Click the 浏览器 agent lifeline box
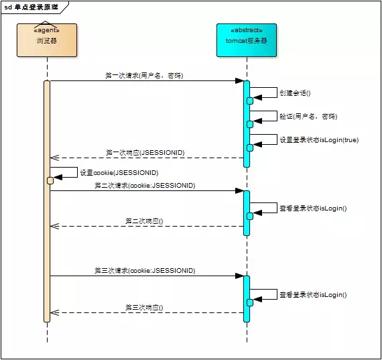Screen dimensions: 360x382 pos(47,40)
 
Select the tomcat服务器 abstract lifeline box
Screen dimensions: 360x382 pos(246,40)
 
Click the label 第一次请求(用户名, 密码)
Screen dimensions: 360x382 pos(144,76)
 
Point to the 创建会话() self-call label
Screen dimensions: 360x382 pos(295,93)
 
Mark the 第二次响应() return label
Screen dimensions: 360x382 pos(144,221)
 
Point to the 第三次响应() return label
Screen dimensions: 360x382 pos(144,307)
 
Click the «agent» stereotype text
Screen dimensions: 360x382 pos(47,30)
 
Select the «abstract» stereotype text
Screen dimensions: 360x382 pos(246,30)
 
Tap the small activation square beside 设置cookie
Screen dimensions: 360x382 pos(50,180)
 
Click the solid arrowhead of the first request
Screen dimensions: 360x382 pos(239,81)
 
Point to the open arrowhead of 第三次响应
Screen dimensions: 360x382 pos(55,312)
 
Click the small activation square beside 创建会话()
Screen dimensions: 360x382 pos(250,101)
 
